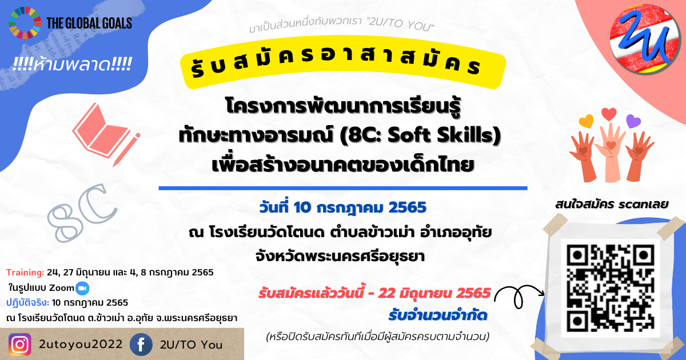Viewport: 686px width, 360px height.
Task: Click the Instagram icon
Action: click(20, 345)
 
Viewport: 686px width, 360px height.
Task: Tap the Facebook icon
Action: click(141, 345)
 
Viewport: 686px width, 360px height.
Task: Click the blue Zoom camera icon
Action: click(82, 288)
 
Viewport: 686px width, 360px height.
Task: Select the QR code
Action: click(611, 289)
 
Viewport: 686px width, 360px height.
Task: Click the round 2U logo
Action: click(645, 39)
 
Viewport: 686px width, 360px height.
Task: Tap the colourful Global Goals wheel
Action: click(25, 23)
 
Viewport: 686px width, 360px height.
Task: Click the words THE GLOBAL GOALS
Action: click(89, 23)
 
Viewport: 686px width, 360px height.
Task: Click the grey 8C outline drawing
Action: click(82, 213)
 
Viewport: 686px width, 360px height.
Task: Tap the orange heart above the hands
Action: click(586, 121)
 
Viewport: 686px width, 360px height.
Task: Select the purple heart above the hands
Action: click(633, 121)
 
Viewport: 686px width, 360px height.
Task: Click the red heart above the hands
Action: click(609, 114)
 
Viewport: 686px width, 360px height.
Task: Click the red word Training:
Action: click(25, 273)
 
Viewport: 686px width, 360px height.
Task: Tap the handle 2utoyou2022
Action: click(81, 345)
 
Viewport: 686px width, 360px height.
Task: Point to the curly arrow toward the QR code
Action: click(519, 296)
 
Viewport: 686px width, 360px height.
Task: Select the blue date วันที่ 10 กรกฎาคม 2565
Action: click(342, 207)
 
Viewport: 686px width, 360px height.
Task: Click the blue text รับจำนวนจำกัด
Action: click(438, 315)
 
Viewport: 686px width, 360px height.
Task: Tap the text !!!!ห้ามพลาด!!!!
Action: click(72, 65)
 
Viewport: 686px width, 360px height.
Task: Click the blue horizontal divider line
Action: click(343, 188)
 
